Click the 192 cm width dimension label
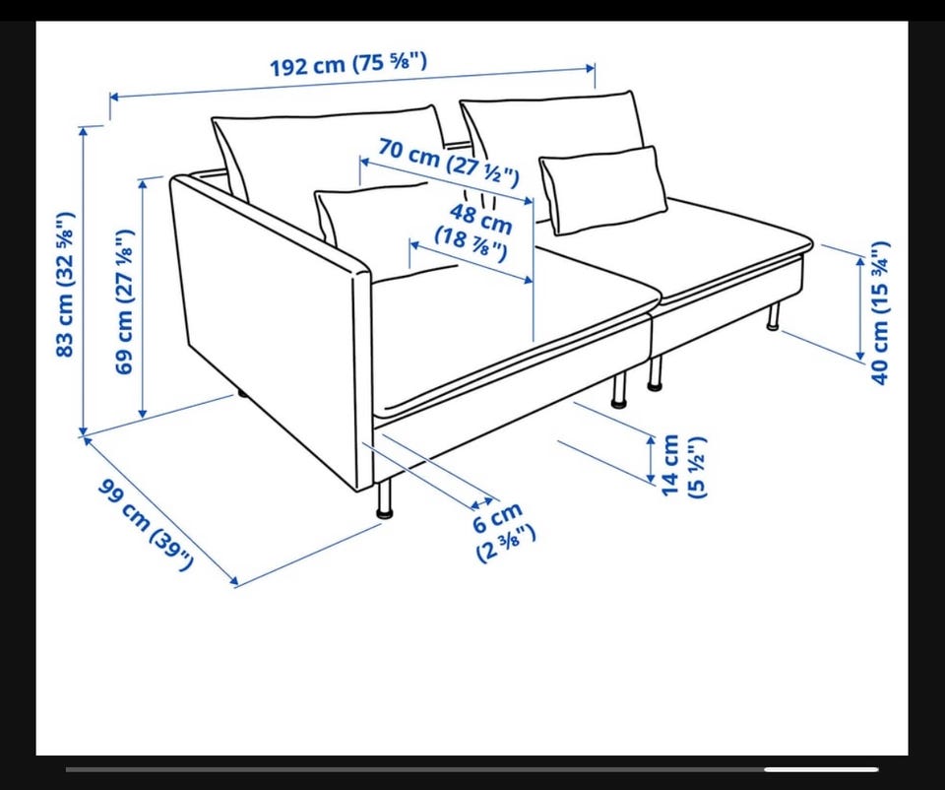tap(347, 64)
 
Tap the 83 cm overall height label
tap(65, 284)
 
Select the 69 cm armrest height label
tap(124, 301)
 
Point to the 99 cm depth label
tap(146, 523)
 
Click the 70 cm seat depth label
tap(449, 162)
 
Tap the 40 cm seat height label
tap(880, 312)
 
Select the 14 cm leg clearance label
tap(683, 466)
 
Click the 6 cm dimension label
tap(501, 532)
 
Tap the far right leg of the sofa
tap(774, 316)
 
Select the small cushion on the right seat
tap(602, 188)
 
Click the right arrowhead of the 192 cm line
tap(591, 69)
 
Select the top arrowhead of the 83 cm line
tap(83, 132)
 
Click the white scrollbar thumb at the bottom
tap(821, 769)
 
